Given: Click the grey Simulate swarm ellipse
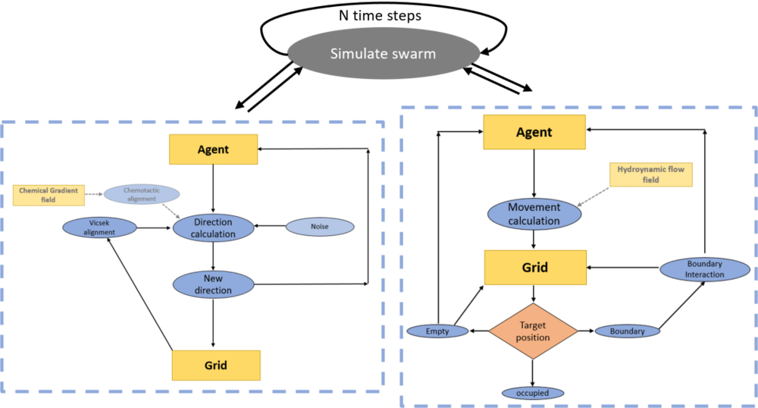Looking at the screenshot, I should point(383,54).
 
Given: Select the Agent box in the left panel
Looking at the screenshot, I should point(213,149).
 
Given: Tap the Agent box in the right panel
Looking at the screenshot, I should point(534,132).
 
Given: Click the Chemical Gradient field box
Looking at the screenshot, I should point(49,195).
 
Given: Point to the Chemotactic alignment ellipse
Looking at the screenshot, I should point(141,194).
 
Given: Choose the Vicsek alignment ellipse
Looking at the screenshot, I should point(100,228).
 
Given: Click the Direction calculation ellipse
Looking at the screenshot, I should point(214,228).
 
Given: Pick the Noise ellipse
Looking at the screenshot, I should point(320,226).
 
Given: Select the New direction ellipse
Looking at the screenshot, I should point(213,284).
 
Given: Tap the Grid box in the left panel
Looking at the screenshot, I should point(216,366).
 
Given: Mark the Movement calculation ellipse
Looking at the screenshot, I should point(534,214).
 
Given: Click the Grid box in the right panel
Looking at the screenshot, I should point(534,268).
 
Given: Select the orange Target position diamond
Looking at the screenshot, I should point(533,331).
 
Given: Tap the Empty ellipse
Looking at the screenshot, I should point(437,331).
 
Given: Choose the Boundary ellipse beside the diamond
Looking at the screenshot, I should point(627,331).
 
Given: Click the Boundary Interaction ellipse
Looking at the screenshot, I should point(704,269).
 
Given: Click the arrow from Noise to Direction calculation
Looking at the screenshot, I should point(270,226).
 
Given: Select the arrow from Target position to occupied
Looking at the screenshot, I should point(533,372).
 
